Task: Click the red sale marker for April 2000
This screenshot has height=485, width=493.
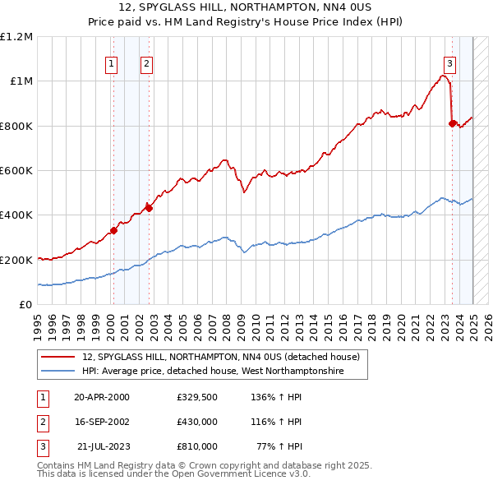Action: click(x=114, y=230)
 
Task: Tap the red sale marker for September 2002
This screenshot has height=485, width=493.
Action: click(x=149, y=208)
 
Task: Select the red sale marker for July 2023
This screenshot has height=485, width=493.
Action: click(x=453, y=123)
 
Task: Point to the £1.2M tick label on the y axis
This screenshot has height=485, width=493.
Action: click(x=16, y=37)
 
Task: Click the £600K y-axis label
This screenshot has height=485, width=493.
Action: click(x=16, y=171)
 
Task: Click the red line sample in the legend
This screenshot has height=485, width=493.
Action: click(x=58, y=357)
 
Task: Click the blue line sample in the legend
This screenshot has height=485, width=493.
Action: click(x=58, y=372)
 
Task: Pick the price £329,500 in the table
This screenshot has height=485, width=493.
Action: click(x=196, y=397)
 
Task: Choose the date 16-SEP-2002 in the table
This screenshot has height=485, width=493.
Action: click(x=102, y=422)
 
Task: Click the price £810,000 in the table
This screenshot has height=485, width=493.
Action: click(x=196, y=446)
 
